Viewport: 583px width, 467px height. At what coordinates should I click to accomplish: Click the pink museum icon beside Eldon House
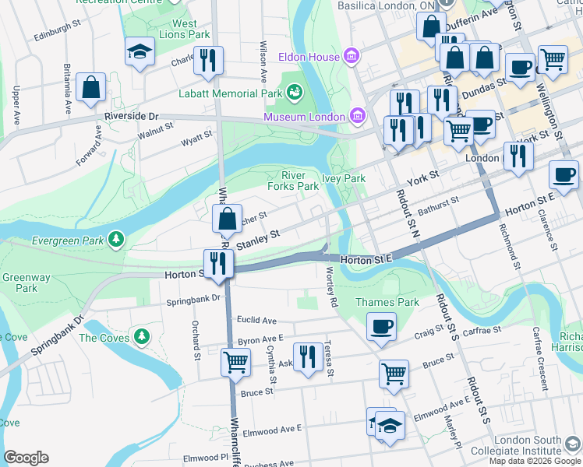coord(352,57)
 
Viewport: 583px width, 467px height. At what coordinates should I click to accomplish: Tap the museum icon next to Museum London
coord(358,117)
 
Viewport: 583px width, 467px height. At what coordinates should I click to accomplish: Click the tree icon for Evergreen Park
coord(116,239)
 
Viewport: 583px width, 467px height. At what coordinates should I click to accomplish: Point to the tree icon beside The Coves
coord(141,336)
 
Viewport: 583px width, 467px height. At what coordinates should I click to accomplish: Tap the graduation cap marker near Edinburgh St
coord(140,53)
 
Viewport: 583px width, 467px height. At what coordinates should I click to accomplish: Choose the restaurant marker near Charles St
coord(208,60)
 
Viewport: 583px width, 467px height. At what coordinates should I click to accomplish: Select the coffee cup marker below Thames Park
coord(381,326)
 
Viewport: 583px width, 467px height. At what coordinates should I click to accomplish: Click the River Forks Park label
coord(293,181)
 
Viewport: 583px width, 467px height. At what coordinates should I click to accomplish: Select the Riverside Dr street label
coord(132,116)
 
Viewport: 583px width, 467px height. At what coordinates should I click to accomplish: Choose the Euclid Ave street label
coord(257,320)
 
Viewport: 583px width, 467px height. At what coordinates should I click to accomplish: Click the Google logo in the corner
coord(26,458)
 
